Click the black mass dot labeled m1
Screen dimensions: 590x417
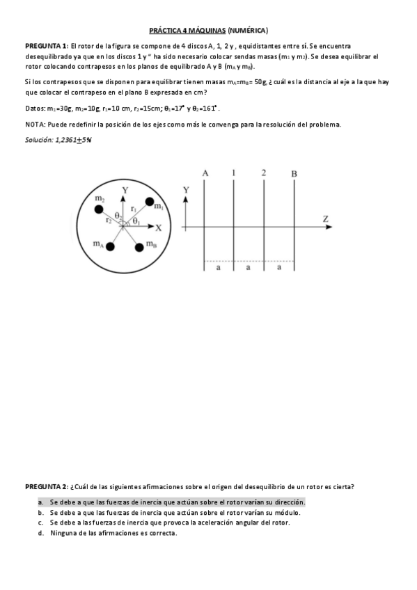tap(149, 202)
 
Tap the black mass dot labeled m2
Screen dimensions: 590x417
tap(100, 209)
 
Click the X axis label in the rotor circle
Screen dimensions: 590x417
tap(158, 228)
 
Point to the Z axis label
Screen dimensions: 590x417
tap(325, 218)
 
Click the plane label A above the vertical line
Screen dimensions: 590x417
tap(205, 173)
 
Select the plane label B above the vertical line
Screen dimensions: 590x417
tap(294, 173)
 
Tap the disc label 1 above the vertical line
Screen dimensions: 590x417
tap(234, 173)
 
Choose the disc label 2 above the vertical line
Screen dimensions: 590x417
tap(264, 173)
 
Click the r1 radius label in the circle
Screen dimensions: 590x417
tap(134, 207)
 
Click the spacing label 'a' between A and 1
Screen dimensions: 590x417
tap(219, 266)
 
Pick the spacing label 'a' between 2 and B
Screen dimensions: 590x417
tap(278, 266)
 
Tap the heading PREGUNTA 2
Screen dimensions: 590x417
tap(46, 486)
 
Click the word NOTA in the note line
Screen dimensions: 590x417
tap(35, 125)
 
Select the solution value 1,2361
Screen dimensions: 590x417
tap(67, 140)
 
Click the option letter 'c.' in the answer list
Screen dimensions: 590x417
tap(41, 523)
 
